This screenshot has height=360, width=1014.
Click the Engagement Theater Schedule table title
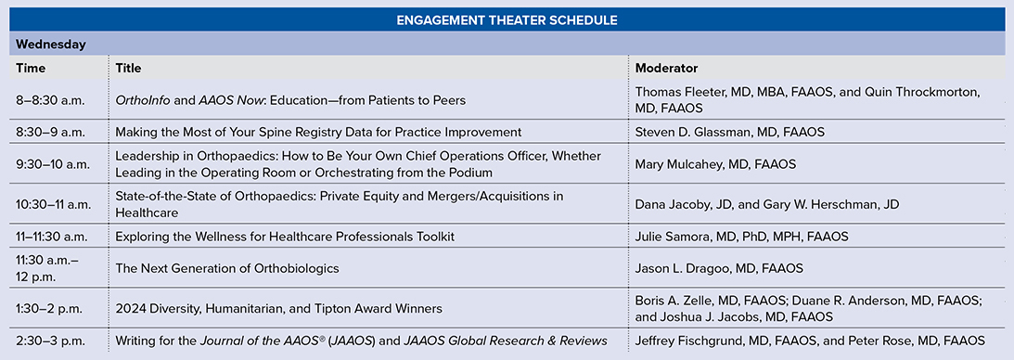(507, 20)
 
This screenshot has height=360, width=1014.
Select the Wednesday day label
(51, 45)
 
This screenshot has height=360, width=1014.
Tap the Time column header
(31, 68)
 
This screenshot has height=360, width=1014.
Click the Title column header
(128, 68)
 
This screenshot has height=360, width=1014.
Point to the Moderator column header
(666, 68)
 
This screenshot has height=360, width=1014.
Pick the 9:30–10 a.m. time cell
(53, 163)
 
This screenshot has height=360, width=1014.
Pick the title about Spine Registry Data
(318, 133)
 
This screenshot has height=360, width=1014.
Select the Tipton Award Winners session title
(278, 309)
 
